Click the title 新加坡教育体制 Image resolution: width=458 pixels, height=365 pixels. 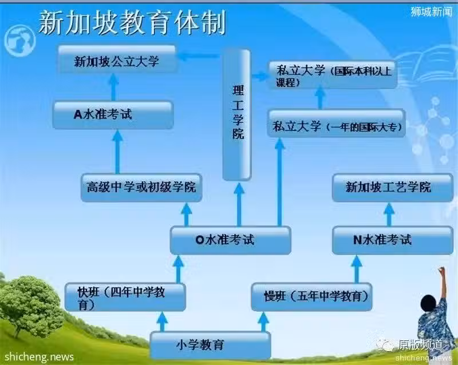click(x=132, y=22)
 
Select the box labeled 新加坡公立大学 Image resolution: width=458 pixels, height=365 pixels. click(x=117, y=59)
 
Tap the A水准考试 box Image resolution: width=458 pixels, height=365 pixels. click(x=113, y=115)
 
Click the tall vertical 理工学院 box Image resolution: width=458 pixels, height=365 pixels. click(x=237, y=115)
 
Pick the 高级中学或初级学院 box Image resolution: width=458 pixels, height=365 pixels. click(x=141, y=188)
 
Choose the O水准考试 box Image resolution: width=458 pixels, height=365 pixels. click(x=231, y=240)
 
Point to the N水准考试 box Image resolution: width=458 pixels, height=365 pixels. click(x=393, y=240)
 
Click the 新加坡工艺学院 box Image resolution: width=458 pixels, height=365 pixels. click(x=393, y=188)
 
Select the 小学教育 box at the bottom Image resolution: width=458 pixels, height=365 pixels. click(x=210, y=346)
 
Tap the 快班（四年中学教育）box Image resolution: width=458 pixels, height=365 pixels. click(x=125, y=297)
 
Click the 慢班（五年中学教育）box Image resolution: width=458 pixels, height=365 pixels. click(x=311, y=297)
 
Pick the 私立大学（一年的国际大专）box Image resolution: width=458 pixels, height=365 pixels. click(x=336, y=123)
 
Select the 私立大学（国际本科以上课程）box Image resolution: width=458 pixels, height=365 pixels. click(x=333, y=75)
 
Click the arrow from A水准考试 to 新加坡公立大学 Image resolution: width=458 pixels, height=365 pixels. click(x=113, y=88)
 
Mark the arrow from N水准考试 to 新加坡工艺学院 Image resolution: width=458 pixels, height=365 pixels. click(x=389, y=215)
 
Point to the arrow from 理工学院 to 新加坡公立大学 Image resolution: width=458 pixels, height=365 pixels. click(x=199, y=55)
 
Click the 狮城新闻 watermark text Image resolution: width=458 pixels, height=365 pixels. click(x=431, y=11)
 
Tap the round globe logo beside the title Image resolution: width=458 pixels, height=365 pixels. click(x=19, y=41)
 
